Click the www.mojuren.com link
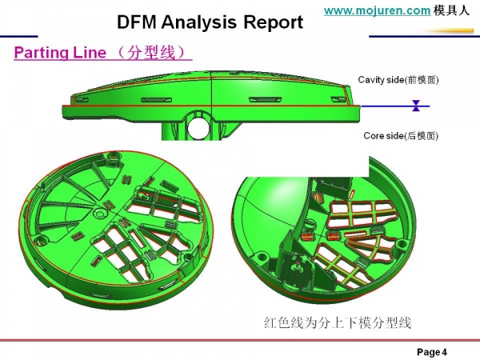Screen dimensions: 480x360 pos(378,10)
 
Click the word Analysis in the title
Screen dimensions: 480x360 pos(199,22)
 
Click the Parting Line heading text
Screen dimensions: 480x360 pos(60,52)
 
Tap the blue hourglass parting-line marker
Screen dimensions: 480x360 pos(416,106)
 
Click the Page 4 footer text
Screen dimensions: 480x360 pos(432,352)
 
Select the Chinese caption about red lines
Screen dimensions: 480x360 pos(338,322)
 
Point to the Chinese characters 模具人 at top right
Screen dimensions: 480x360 pos(451,10)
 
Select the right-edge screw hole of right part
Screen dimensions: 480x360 pos(402,244)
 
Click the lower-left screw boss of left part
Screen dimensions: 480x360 pos(39,238)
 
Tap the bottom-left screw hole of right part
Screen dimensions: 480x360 pos(261,256)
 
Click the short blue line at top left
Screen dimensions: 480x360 pos(18,37)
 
